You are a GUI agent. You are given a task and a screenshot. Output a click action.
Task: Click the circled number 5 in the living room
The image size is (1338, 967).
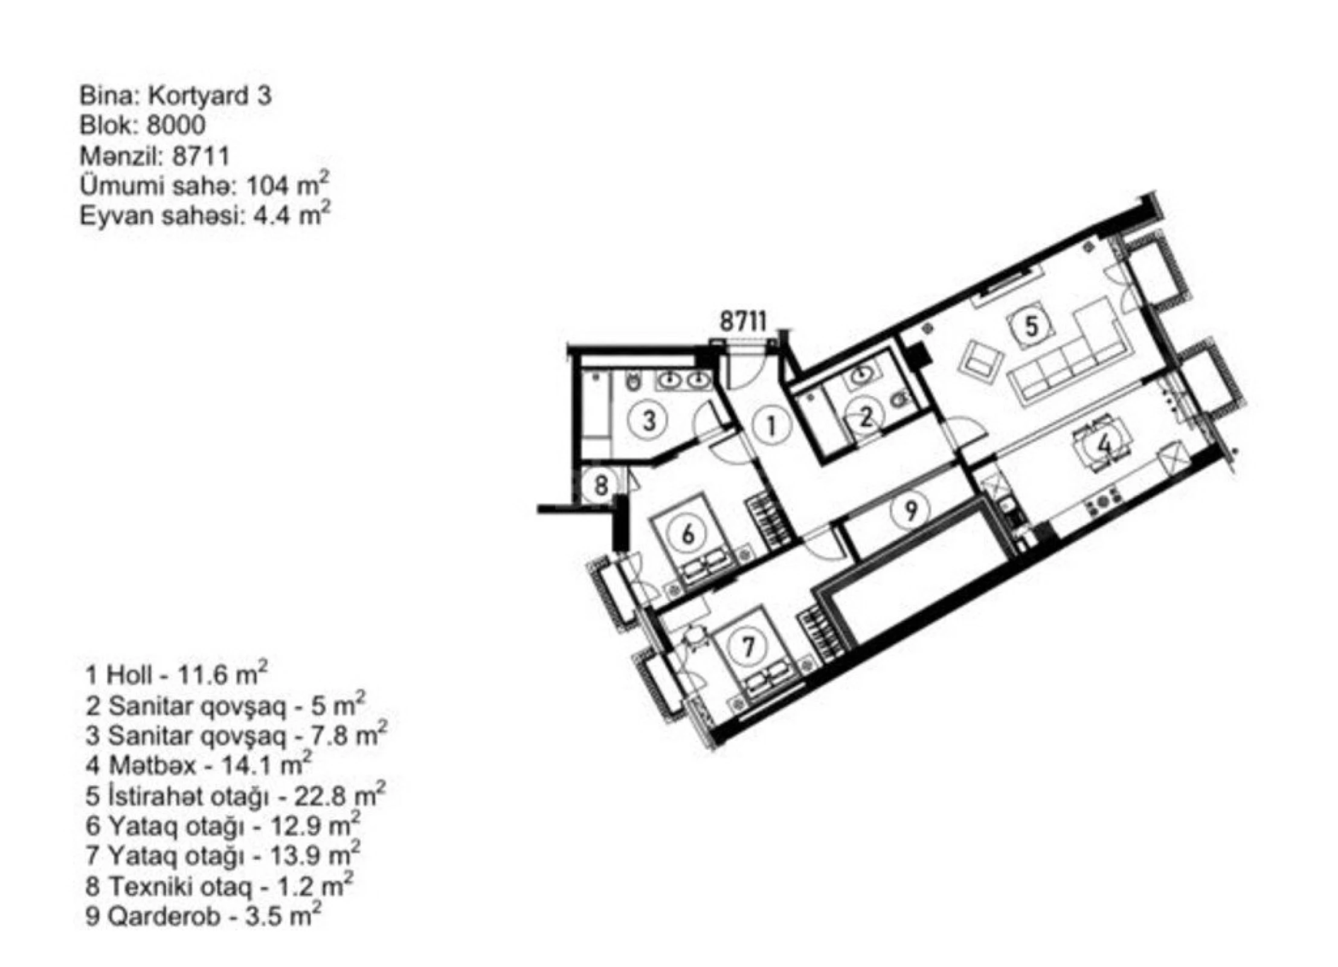coord(1031,326)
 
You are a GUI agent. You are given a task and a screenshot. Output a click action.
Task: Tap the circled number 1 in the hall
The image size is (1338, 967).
coord(771,426)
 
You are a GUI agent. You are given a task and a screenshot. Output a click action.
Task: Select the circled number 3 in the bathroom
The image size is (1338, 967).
coord(649,419)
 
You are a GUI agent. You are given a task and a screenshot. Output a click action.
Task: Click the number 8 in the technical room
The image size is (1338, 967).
coord(600,485)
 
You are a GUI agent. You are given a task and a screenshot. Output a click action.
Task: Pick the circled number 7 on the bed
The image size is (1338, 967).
coord(748,647)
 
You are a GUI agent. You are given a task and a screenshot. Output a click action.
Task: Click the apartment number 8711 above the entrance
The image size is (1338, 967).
coord(742,320)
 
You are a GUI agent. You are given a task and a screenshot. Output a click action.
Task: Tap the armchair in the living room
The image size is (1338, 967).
coord(983,363)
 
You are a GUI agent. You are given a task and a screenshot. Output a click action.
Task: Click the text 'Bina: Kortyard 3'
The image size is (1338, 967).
coord(175,96)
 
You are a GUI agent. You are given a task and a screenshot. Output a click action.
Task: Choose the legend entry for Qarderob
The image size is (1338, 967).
coord(202,916)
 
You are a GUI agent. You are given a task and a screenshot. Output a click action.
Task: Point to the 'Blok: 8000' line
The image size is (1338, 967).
coord(142,126)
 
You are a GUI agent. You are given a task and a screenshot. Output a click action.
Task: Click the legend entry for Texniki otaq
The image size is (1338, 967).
coord(218,885)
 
